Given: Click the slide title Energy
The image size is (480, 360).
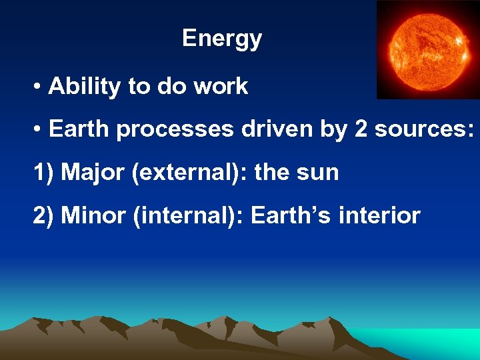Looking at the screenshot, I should point(222,39).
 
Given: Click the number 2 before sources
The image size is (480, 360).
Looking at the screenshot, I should point(361,129).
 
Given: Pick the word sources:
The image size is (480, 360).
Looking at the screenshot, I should point(424,129).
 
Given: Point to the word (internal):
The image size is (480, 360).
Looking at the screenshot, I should point(187,215).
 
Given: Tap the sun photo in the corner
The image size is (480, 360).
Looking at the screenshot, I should point(427,49).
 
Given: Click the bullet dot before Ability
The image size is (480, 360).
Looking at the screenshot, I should point(39,87).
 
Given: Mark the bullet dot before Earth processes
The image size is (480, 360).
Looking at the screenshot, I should point(39,130).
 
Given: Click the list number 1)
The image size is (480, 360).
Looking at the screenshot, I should point(43,173).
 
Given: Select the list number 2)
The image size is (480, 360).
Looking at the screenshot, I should point(43,215).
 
